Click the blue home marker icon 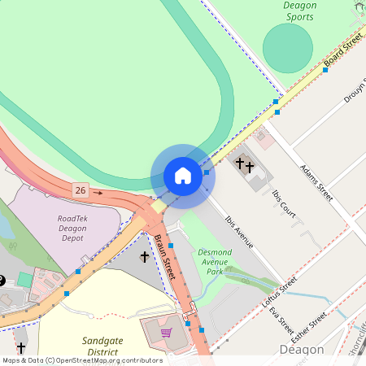[183, 176]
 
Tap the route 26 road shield [80, 190]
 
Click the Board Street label [342, 50]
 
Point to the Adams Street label [316, 182]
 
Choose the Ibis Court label [284, 205]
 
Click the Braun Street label [165, 258]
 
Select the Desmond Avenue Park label [215, 262]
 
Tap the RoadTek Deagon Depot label [78, 228]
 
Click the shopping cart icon [166, 332]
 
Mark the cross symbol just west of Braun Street [145, 257]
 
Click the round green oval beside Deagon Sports [287, 48]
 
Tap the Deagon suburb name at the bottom [302, 350]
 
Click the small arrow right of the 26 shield [98, 193]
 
